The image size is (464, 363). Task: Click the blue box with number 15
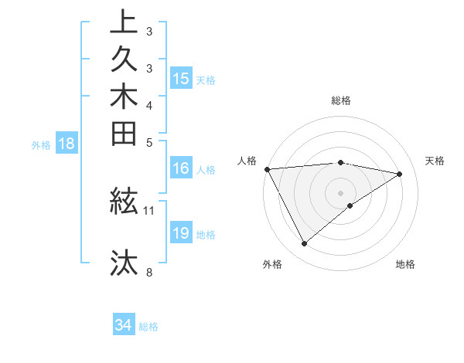coord(181,78)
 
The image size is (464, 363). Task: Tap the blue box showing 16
coord(181,168)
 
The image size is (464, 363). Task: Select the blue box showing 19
coord(181,233)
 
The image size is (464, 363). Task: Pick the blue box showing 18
coord(67,143)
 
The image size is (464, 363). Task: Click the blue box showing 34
coord(123,325)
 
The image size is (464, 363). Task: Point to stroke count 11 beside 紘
coord(149,209)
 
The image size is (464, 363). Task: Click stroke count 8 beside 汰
coord(148,271)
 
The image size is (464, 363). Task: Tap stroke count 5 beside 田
coord(148,141)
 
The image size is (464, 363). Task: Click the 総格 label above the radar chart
coord(341,100)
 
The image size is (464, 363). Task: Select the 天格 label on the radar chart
coord(435,161)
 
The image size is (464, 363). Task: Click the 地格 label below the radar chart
coord(405,264)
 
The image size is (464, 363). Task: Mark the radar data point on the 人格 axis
coord(267,169)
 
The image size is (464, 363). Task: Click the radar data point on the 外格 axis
coord(304,244)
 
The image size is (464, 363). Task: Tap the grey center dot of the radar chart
coord(341,192)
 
